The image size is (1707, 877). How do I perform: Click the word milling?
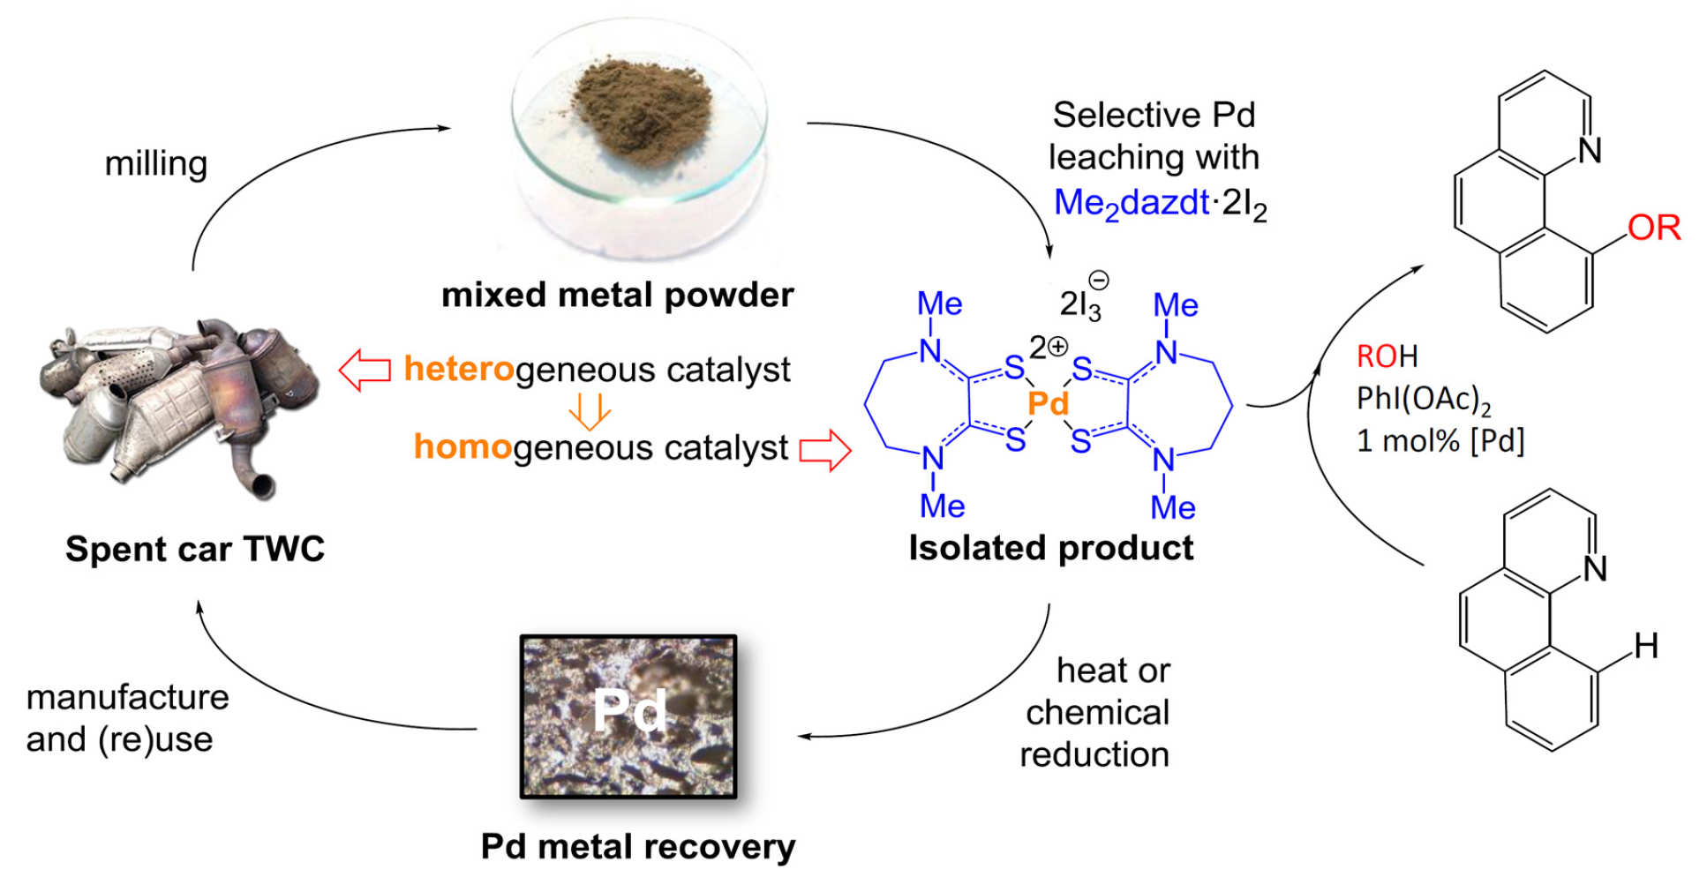point(156,164)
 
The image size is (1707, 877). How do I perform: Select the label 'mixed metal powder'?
point(617,295)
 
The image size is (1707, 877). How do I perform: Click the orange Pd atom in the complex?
point(1048,404)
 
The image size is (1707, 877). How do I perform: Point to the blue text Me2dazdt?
point(1130,204)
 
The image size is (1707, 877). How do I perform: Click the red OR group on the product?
point(1653,228)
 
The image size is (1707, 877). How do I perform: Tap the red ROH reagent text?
point(1387,356)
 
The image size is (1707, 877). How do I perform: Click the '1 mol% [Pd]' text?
point(1440,440)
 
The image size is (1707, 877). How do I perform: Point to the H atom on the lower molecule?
point(1645,646)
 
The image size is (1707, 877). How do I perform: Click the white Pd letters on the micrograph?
point(628,711)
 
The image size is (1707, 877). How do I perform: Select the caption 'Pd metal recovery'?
point(637,846)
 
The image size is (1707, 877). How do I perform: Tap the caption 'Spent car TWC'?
point(195,549)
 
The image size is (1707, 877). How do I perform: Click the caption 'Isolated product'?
point(1050,548)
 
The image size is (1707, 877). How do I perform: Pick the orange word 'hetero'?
point(459,369)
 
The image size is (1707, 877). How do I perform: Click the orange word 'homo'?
point(462,447)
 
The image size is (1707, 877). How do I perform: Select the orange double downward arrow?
point(589,410)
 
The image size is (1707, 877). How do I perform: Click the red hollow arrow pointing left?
point(365,369)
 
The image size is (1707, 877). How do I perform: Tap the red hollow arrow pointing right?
point(825,450)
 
